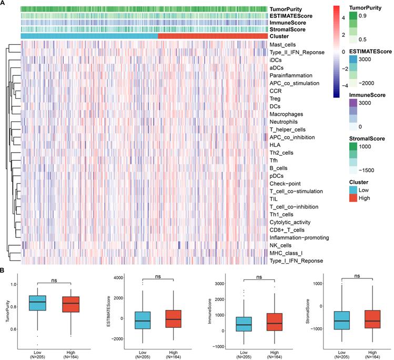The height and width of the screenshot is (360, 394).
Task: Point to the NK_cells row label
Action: click(x=282, y=245)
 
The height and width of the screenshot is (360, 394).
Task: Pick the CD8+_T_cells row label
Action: click(x=287, y=230)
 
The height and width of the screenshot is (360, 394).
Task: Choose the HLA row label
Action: click(x=275, y=145)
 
